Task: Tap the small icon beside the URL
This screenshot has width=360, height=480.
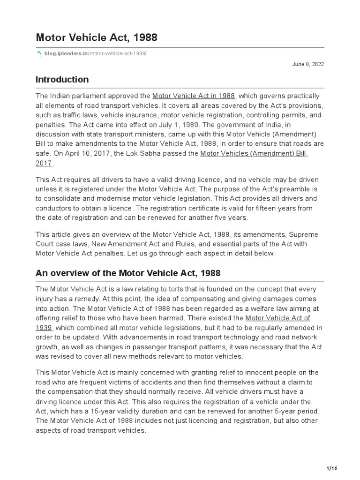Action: pyautogui.click(x=39, y=54)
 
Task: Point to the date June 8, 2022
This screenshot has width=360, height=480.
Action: pyautogui.click(x=308, y=64)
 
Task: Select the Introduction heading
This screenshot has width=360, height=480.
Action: pyautogui.click(x=62, y=80)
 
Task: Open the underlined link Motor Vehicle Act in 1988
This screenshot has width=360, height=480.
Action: pyautogui.click(x=194, y=96)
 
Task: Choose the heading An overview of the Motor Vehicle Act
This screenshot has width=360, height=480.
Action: pyautogui.click(x=128, y=273)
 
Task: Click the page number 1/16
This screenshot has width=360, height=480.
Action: pyautogui.click(x=331, y=468)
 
